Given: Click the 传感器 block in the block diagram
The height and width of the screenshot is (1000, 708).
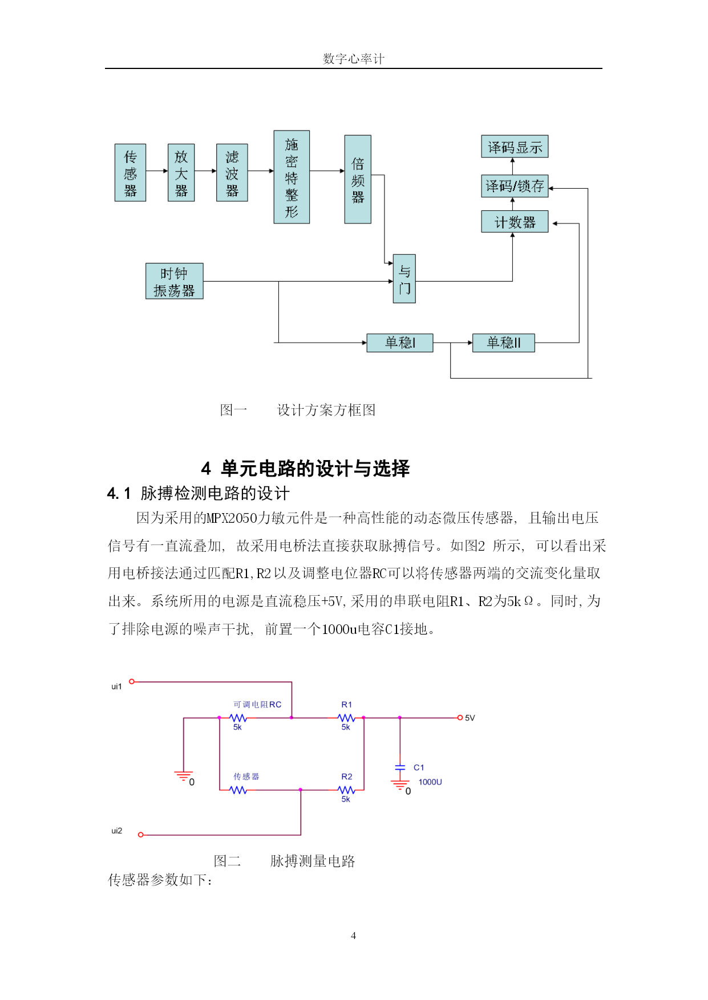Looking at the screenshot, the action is point(130,173).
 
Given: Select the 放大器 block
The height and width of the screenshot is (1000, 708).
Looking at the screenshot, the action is point(181,173).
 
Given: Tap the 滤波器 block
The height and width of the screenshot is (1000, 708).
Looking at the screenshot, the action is point(232,173).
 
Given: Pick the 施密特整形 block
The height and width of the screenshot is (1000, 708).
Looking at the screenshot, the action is point(292,177).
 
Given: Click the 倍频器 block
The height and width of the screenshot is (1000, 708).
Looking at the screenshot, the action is point(358,179).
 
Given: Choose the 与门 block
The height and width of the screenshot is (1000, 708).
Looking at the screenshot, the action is point(404,279).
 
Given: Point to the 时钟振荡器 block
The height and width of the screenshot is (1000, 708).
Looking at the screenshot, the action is point(175,281).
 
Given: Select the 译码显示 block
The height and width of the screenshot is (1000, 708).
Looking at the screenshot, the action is point(515,147).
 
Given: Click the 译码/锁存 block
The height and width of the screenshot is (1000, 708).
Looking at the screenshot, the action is point(515,186).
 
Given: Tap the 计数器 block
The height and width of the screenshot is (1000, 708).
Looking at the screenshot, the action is point(515,222).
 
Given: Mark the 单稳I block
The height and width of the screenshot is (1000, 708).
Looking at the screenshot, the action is point(400,343).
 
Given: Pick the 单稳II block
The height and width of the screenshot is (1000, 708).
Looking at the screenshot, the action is point(504,343).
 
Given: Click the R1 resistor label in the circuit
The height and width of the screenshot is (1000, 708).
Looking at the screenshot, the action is point(347,705).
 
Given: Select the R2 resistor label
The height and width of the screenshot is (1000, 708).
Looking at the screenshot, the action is point(347,777).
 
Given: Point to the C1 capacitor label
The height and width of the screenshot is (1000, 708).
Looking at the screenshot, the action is point(419,767).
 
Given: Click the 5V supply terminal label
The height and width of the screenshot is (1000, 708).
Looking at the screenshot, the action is point(470,718).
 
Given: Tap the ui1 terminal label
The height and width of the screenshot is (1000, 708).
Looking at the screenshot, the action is point(116,686).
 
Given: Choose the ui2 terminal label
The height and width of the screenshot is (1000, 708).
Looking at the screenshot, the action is point(116,831).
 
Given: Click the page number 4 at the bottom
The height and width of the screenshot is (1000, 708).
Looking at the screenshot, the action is point(353,936).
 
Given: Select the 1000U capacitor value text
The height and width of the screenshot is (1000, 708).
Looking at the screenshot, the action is point(430,782).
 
